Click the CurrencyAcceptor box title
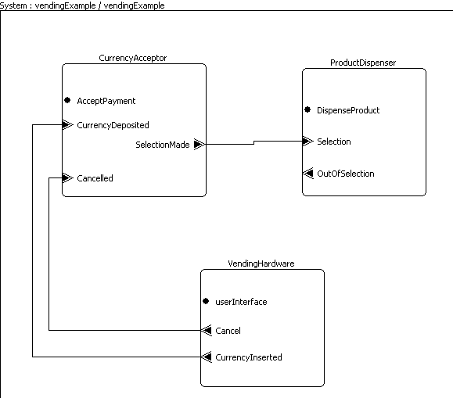pyautogui.click(x=132, y=58)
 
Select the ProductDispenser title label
pyautogui.click(x=363, y=63)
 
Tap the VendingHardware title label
pyautogui.click(x=261, y=264)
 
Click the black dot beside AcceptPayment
pyautogui.click(x=67, y=100)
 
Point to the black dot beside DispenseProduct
pyautogui.click(x=307, y=109)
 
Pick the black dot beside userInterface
pyautogui.click(x=206, y=301)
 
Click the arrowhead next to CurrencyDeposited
pyautogui.click(x=68, y=125)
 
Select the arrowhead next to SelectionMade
pyautogui.click(x=200, y=144)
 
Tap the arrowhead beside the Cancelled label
pyautogui.click(x=68, y=177)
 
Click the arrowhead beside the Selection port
pyautogui.click(x=308, y=141)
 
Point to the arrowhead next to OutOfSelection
pyautogui.click(x=308, y=173)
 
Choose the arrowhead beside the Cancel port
pyautogui.click(x=207, y=330)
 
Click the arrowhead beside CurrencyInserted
pyautogui.click(x=207, y=357)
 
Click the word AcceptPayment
pyautogui.click(x=106, y=101)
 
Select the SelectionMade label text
pyautogui.click(x=163, y=145)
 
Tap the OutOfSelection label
pyautogui.click(x=346, y=174)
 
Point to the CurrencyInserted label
pyautogui.click(x=249, y=357)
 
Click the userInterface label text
pyautogui.click(x=241, y=302)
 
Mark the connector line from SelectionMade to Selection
pyautogui.click(x=254, y=142)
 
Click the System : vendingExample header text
pyautogui.click(x=82, y=5)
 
